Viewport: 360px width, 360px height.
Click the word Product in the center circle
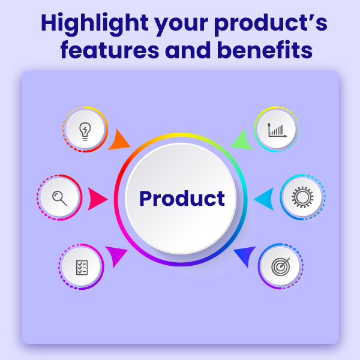click(x=182, y=199)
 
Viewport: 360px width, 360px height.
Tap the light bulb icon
click(x=85, y=131)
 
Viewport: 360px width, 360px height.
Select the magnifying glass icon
click(x=59, y=199)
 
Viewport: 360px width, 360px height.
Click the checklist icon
click(x=82, y=268)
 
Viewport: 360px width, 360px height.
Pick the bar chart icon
click(x=277, y=130)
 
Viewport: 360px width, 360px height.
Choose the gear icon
click(x=302, y=197)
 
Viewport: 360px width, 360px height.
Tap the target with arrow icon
click(x=281, y=266)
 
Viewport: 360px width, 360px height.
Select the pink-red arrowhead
click(x=97, y=199)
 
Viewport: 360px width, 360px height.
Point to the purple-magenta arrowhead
click(x=116, y=256)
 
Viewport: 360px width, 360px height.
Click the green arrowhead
click(x=242, y=140)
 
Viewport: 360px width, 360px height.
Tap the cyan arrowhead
click(x=264, y=199)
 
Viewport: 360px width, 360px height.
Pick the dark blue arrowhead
click(x=245, y=256)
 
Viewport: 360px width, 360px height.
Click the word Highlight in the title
click(x=94, y=24)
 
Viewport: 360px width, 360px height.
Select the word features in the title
click(x=110, y=50)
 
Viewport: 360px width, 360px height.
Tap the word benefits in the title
click(x=265, y=50)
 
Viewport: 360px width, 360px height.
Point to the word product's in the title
click(x=271, y=24)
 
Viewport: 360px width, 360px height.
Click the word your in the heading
click(x=181, y=26)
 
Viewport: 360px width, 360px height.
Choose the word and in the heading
click(x=188, y=50)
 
